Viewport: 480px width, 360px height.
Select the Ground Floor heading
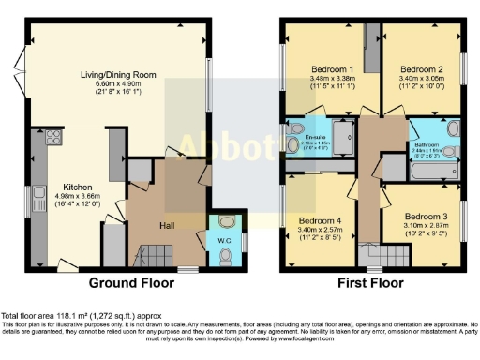[x=133, y=282]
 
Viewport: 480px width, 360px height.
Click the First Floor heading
[x=371, y=282]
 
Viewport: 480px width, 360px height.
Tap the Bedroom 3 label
[x=427, y=217]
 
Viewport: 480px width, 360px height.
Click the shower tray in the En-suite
[x=344, y=136]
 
